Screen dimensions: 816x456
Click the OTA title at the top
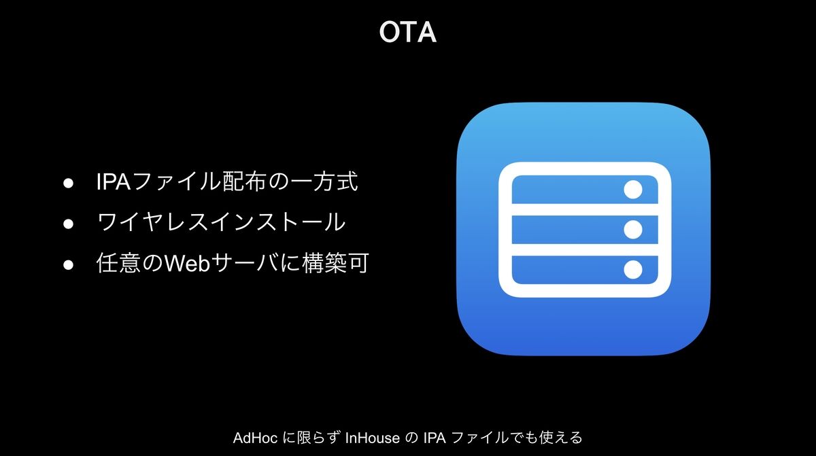pyautogui.click(x=407, y=32)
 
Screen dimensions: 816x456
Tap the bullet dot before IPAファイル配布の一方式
pyautogui.click(x=68, y=183)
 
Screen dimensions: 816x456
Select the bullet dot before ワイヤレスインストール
pyautogui.click(x=68, y=223)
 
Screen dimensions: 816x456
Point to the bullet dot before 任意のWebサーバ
pyautogui.click(x=68, y=264)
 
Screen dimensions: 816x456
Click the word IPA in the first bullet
pyautogui.click(x=114, y=181)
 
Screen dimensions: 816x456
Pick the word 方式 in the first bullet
pyautogui.click(x=335, y=181)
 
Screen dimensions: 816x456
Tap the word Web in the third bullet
pyautogui.click(x=188, y=263)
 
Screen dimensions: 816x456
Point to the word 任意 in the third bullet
pyautogui.click(x=118, y=263)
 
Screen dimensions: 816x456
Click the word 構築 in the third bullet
pyautogui.click(x=324, y=263)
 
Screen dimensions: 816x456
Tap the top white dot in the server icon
pyautogui.click(x=633, y=190)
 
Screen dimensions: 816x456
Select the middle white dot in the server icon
pyautogui.click(x=633, y=229)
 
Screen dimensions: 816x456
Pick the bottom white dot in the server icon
pyautogui.click(x=633, y=270)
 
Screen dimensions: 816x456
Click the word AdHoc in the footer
pyautogui.click(x=255, y=438)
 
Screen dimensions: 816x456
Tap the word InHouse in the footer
pyautogui.click(x=372, y=438)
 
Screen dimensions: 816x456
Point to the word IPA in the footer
pyautogui.click(x=435, y=438)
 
